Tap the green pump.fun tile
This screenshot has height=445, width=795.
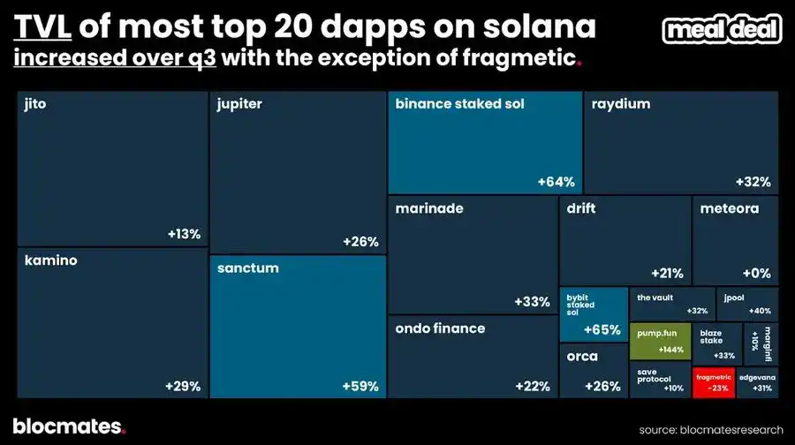(659, 339)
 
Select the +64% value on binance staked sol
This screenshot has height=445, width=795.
(556, 182)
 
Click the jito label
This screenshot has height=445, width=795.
(36, 104)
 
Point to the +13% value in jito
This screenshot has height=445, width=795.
(184, 234)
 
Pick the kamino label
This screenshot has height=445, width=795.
(51, 260)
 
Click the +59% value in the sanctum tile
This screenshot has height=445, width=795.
(360, 386)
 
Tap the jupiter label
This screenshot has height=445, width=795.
(239, 104)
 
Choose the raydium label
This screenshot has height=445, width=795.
(621, 104)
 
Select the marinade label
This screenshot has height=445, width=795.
(429, 209)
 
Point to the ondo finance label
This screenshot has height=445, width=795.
(440, 328)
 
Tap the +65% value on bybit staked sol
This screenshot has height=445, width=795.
(602, 330)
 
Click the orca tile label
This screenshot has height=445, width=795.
(582, 357)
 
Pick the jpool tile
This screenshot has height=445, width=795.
(747, 304)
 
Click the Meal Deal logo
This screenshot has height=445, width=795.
(723, 30)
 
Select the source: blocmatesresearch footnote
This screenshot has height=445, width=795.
(712, 429)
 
